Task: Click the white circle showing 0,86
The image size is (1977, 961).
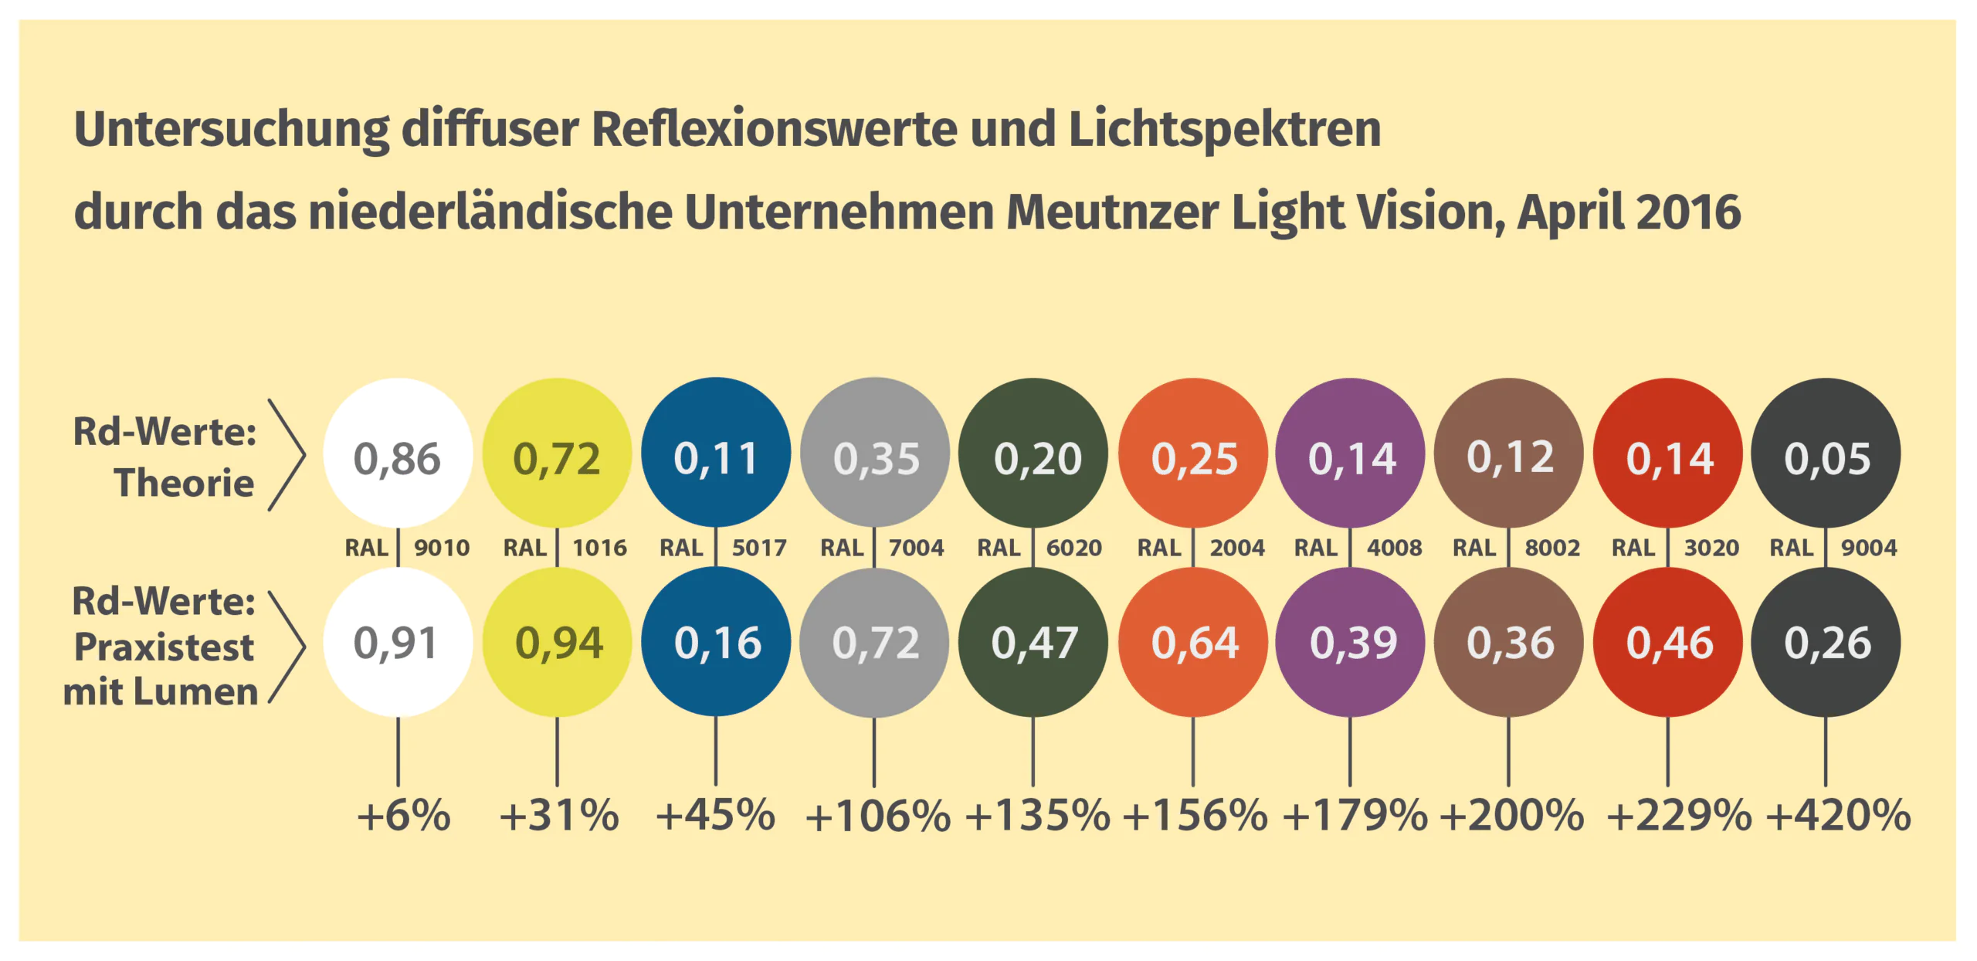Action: point(397,453)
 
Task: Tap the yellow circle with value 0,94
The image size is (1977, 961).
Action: point(558,642)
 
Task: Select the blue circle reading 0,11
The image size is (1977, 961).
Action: point(716,453)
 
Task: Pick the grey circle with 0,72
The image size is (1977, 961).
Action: point(874,642)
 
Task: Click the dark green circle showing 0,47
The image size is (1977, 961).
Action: point(1033,642)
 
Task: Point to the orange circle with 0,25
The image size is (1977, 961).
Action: point(1193,453)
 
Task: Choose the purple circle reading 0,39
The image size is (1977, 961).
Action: point(1351,642)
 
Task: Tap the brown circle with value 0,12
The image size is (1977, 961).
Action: point(1509,453)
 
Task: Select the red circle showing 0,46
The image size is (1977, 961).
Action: point(1668,642)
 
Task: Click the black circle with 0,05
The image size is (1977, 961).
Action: point(1826,453)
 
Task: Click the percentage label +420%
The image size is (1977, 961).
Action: point(1838,816)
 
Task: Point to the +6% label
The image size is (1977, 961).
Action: point(403,816)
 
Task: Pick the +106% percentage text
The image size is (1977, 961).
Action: point(877,816)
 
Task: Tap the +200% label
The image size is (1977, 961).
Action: point(1512,816)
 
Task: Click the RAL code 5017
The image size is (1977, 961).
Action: point(758,548)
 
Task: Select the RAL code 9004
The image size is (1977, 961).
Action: point(1868,548)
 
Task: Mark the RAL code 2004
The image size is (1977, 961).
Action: point(1236,548)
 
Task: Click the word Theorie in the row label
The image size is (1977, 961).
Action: point(184,484)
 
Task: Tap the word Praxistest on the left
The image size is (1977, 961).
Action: point(164,647)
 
